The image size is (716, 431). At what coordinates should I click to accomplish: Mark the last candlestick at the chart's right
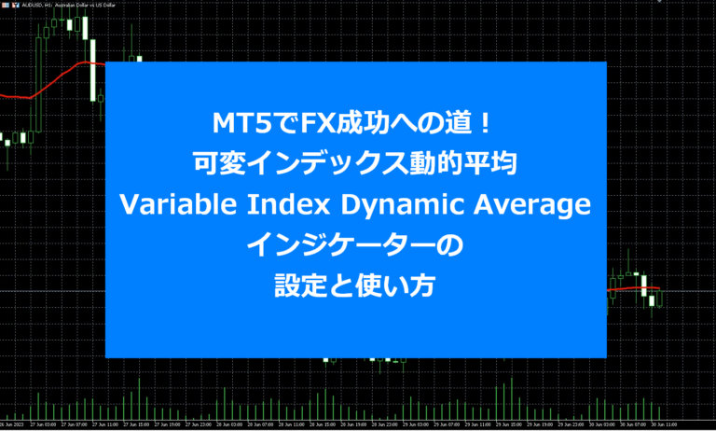pos(659,299)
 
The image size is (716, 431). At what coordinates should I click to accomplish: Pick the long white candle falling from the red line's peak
pos(94,70)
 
